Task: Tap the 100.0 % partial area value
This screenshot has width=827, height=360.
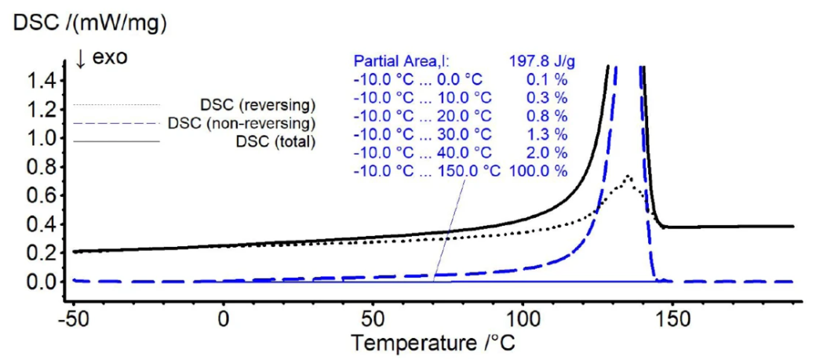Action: pos(539,172)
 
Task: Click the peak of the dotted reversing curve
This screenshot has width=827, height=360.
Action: pos(628,177)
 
